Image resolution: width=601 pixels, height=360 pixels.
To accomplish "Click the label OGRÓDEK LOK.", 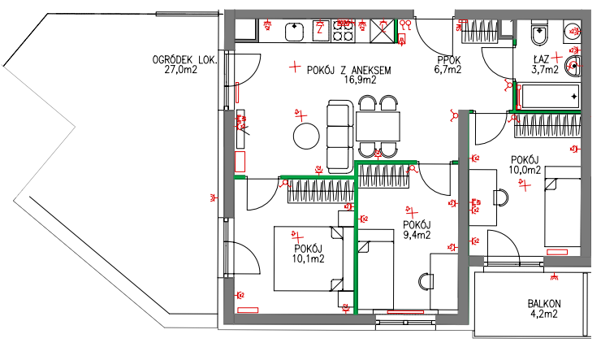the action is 184,60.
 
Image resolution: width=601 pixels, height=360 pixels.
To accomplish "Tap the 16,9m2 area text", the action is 360,80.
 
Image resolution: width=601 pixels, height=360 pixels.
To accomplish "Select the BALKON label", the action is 544,304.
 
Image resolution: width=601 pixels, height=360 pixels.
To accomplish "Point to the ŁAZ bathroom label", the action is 541,60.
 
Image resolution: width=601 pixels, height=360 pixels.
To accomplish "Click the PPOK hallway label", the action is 449,60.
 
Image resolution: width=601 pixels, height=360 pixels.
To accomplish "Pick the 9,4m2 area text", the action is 417,235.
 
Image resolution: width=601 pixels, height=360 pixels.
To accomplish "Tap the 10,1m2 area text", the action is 308,258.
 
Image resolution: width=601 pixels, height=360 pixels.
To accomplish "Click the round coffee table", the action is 306,136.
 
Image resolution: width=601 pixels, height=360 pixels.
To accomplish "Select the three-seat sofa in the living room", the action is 340,137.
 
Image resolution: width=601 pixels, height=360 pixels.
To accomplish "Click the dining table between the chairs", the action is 378,127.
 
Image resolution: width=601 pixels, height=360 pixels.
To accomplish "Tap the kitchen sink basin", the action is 294,32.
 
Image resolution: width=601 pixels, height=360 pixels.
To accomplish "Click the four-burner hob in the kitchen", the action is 343,31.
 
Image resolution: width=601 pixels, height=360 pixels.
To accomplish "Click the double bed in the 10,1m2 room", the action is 309,258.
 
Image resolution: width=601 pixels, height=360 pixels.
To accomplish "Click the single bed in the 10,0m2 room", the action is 563,206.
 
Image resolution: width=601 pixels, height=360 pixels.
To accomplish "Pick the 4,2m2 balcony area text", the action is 544,314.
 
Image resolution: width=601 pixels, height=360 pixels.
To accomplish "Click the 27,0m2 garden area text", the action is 180,69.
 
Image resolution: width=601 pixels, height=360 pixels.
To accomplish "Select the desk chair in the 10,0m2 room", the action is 500,197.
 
